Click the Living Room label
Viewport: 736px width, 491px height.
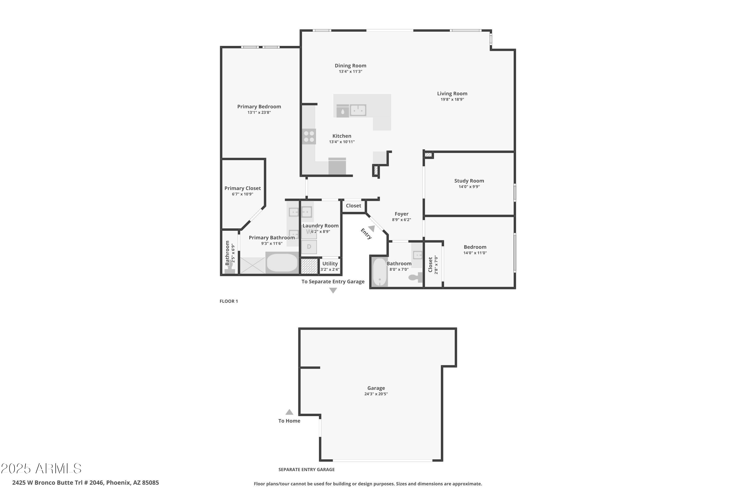452,94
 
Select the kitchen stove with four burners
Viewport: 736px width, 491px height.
309,136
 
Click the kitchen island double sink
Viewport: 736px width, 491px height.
358,110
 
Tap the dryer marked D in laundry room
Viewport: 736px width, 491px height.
309,247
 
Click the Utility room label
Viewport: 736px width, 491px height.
330,264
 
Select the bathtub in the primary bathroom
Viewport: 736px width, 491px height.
282,262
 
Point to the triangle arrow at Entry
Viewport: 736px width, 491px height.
371,228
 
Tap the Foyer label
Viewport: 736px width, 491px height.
401,214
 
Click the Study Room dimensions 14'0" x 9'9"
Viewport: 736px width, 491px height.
469,187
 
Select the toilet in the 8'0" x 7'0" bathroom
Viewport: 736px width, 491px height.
416,277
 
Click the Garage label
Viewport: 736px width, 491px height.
376,388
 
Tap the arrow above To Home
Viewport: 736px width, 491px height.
289,412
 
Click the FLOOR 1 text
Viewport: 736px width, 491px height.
228,301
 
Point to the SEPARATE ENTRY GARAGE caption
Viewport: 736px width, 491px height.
306,469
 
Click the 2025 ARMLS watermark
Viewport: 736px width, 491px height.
41,468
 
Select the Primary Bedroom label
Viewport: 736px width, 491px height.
259,107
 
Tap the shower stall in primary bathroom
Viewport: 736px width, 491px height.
252,265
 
